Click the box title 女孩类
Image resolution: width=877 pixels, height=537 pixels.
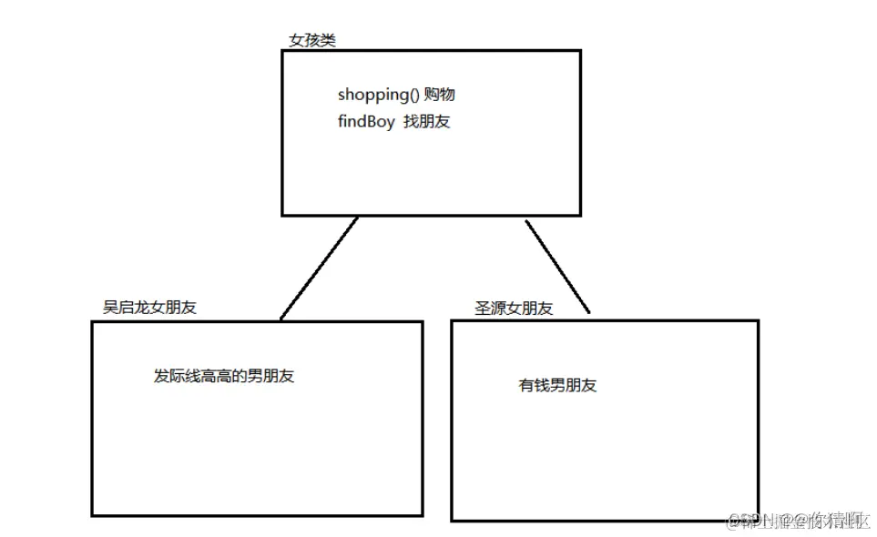[x=311, y=42]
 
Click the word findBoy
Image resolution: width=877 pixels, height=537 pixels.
[x=366, y=122]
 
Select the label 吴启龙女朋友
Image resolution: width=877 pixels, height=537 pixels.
[x=149, y=308]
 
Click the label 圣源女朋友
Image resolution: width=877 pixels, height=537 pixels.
[x=514, y=309]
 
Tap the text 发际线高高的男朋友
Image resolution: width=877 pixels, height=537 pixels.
[x=224, y=377]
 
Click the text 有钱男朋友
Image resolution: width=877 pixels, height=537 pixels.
[x=557, y=385]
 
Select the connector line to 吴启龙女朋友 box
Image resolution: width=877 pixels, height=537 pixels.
[x=319, y=268]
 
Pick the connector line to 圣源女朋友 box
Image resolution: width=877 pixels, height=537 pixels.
[x=557, y=266]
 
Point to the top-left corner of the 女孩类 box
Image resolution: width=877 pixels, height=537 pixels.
[x=282, y=51]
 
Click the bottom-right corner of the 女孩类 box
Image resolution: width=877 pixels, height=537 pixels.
[x=580, y=215]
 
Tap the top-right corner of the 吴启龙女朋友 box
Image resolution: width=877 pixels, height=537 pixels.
[x=422, y=322]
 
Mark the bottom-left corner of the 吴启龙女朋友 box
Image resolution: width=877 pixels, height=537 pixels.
[x=92, y=515]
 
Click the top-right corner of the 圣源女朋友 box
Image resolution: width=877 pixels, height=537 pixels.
[x=758, y=320]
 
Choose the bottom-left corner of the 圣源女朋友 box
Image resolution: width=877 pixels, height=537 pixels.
[x=452, y=520]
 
